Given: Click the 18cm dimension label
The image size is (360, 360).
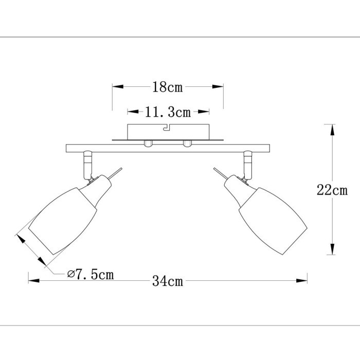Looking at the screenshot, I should click(x=168, y=87).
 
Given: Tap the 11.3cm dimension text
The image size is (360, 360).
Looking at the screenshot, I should click(x=168, y=112).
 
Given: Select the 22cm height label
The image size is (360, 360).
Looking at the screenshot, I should click(x=332, y=190).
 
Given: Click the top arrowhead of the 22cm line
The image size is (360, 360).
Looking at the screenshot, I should click(x=332, y=129).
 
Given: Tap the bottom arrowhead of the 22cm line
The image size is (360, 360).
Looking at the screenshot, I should click(x=332, y=250).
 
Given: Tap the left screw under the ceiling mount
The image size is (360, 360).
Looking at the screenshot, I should click(x=148, y=143).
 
